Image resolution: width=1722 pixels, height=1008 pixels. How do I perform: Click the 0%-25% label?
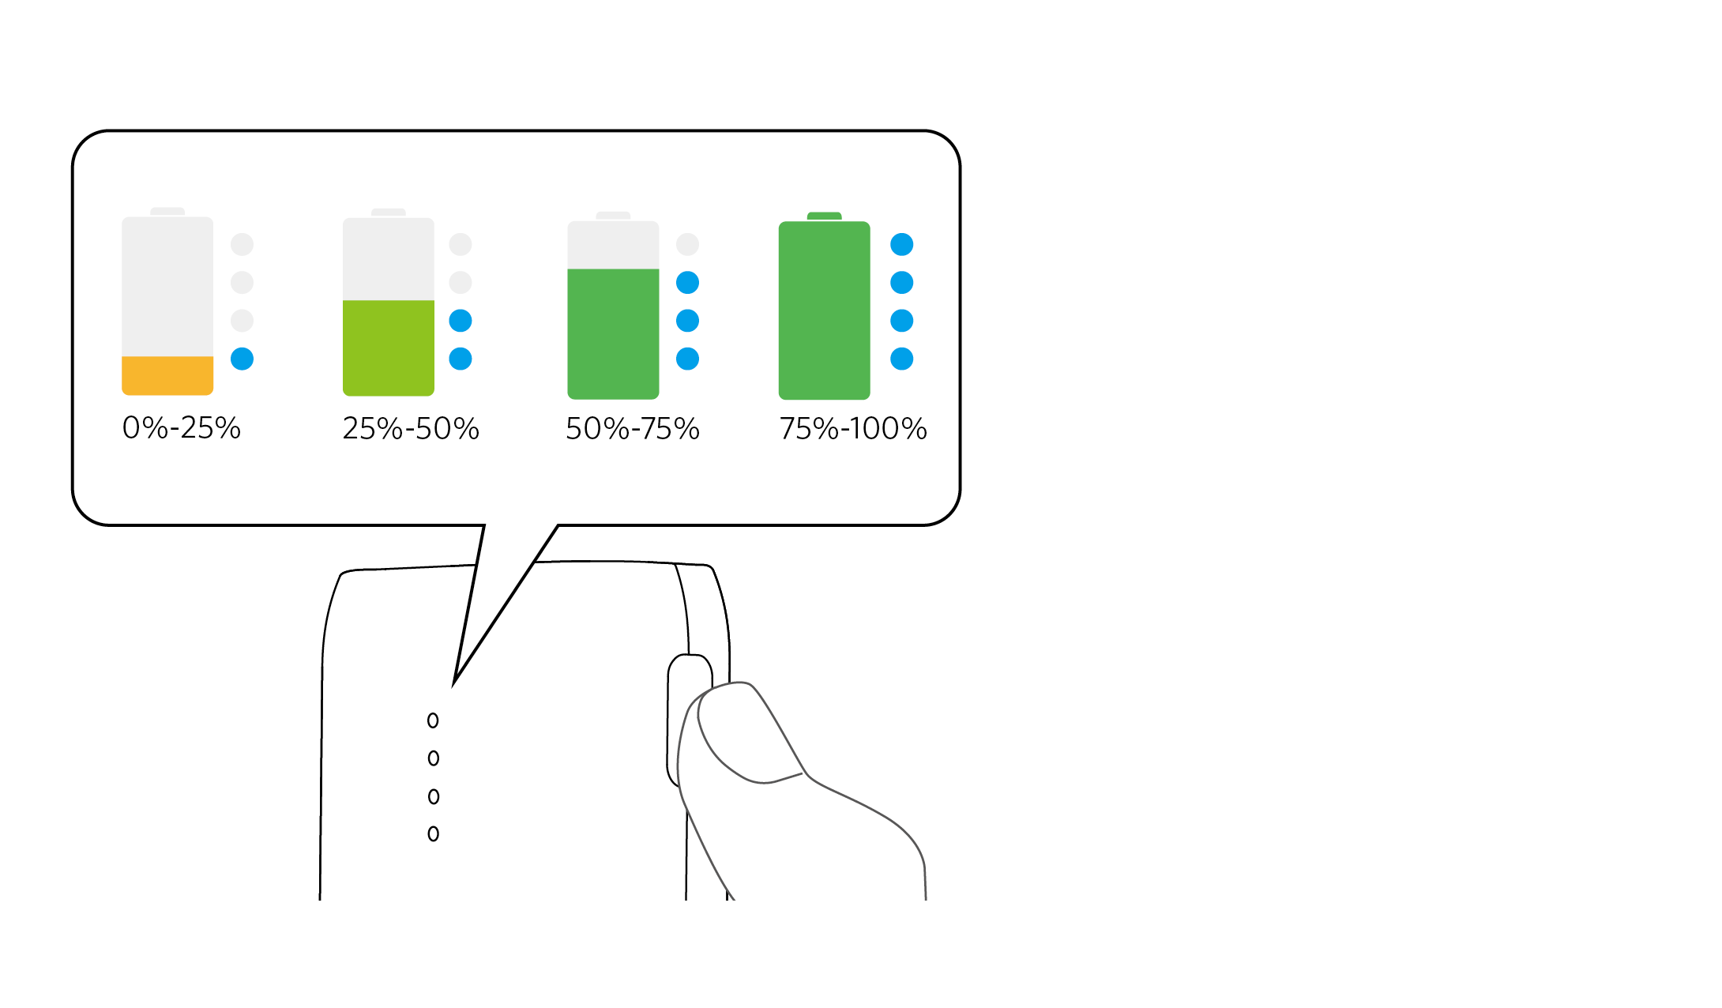tap(181, 427)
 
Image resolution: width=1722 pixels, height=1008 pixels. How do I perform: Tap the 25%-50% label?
tap(411, 428)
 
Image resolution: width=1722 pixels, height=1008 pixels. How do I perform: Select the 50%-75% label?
tap(633, 428)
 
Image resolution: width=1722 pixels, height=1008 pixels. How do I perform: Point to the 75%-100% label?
tap(853, 428)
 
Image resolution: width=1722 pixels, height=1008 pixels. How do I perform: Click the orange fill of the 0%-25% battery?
tap(167, 375)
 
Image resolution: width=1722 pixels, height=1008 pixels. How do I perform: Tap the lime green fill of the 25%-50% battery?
tap(389, 348)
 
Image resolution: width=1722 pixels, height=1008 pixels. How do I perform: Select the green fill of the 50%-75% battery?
tap(613, 333)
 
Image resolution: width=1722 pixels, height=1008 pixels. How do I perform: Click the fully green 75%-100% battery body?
tap(825, 310)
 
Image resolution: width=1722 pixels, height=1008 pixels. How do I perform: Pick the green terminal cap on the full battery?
tap(825, 216)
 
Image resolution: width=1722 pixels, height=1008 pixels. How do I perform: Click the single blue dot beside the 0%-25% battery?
tap(242, 359)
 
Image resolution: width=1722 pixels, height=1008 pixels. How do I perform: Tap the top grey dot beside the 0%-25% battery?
tap(242, 244)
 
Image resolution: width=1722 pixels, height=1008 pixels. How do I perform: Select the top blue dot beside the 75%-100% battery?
tap(902, 244)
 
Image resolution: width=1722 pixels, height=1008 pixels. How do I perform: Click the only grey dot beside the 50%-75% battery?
tap(688, 244)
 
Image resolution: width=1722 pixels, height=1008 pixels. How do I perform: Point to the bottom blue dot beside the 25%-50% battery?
tap(461, 359)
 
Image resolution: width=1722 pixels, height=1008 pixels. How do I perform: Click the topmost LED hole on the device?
tap(433, 720)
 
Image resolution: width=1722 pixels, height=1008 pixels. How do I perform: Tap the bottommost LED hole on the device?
tap(433, 833)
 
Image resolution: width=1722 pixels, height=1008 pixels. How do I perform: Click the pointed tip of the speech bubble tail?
tap(455, 683)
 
